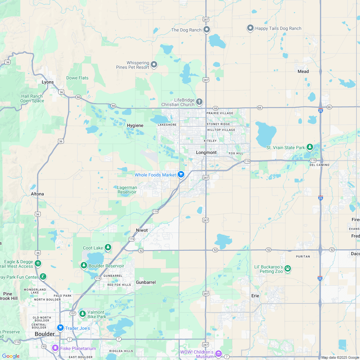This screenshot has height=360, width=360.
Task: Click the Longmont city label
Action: coord(206,152)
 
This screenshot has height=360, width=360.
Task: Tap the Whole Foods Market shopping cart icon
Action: coord(181,175)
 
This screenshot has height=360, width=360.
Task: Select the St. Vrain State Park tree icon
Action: coord(310,147)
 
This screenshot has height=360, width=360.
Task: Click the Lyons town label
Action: coord(48,82)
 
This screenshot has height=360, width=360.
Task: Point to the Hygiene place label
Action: coord(135,125)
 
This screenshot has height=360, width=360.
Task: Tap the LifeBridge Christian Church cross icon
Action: coord(199,102)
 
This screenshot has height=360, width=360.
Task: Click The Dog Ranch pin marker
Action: coord(207,30)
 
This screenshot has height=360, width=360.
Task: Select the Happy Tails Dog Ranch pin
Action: coord(250,28)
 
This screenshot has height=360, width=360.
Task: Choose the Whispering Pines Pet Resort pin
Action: coord(154,65)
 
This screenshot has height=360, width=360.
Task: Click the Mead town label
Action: coord(303,71)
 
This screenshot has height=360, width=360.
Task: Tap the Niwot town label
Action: coord(142,230)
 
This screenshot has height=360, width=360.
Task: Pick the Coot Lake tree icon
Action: coord(108,247)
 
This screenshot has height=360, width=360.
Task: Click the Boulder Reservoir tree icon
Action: coord(84,265)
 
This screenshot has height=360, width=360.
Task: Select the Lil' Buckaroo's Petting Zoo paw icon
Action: coord(288,268)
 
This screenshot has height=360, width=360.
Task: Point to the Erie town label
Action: coord(255,296)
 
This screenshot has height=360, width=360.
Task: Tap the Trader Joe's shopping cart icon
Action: coord(60,328)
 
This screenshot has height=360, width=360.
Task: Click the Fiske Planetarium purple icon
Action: coord(55,348)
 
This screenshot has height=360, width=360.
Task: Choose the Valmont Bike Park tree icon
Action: coord(83,314)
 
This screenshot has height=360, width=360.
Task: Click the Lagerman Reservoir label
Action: coord(127,190)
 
